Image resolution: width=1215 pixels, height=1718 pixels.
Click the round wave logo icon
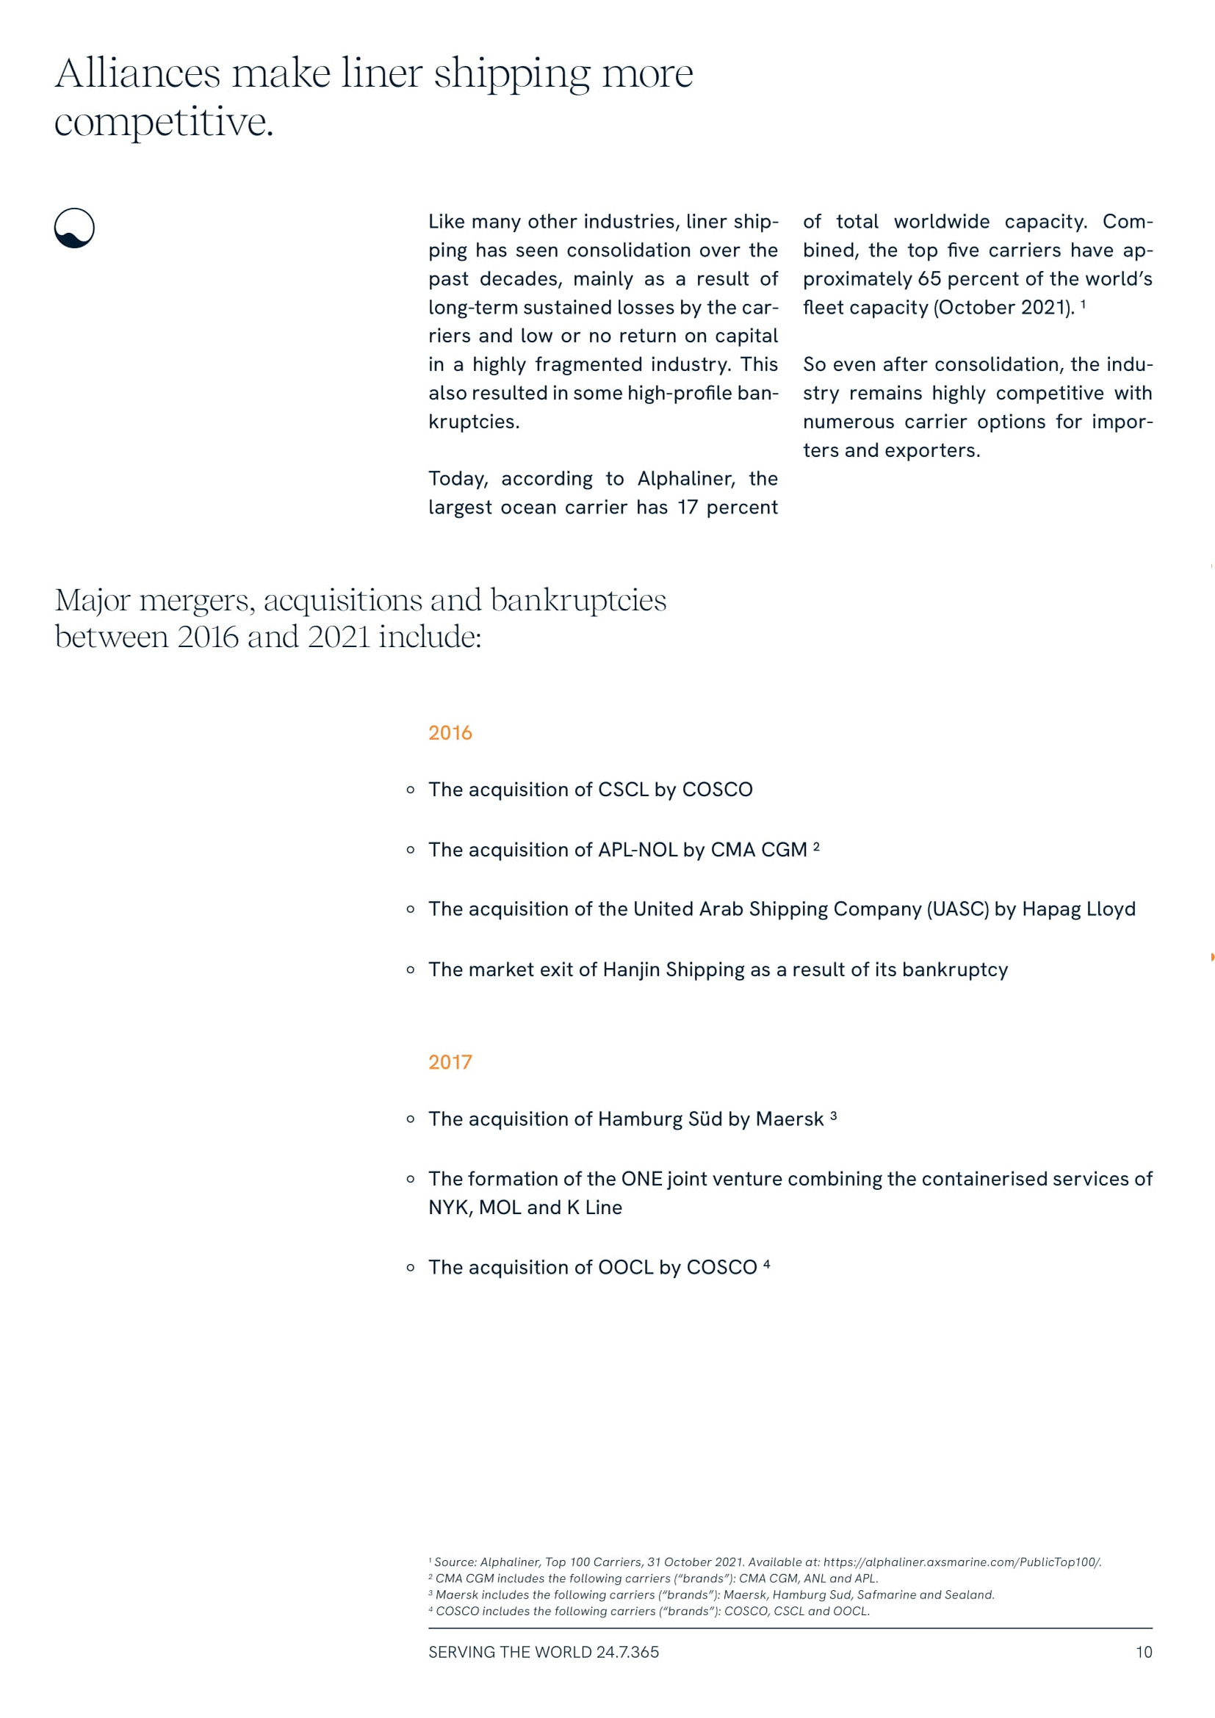click(74, 228)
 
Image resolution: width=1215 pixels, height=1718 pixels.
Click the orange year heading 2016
click(450, 732)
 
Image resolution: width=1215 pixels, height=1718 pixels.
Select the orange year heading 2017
click(450, 1062)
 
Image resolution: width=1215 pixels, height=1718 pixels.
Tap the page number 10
click(1143, 1652)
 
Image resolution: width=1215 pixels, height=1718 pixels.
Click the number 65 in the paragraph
click(929, 279)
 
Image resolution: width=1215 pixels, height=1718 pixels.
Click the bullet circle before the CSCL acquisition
click(410, 790)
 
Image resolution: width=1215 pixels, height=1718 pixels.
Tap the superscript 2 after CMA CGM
click(816, 846)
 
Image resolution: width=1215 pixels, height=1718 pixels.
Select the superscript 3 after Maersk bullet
click(834, 1116)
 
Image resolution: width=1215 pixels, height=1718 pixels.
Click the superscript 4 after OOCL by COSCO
click(766, 1265)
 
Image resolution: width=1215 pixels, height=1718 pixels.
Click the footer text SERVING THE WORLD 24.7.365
click(543, 1652)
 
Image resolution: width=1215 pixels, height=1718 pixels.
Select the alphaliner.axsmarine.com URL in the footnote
click(962, 1562)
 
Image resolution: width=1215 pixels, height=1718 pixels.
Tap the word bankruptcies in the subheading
click(577, 601)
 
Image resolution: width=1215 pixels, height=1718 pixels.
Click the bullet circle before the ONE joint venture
click(410, 1180)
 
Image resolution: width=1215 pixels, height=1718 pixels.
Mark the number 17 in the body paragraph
click(687, 508)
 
